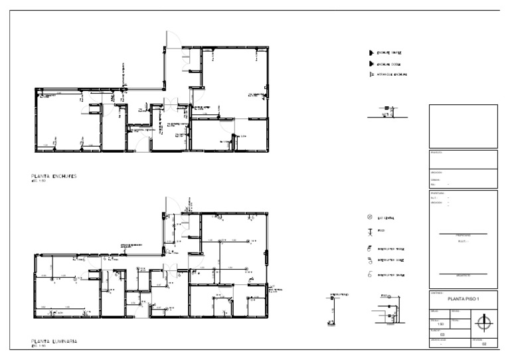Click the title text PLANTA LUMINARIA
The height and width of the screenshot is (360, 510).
pyautogui.click(x=54, y=341)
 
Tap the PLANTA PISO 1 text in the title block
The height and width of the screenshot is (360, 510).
pyautogui.click(x=463, y=299)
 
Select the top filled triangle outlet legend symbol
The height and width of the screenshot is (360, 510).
pyautogui.click(x=371, y=52)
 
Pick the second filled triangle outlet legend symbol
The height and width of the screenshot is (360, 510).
pyautogui.click(x=371, y=64)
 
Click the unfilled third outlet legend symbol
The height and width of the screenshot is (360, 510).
pyautogui.click(x=371, y=75)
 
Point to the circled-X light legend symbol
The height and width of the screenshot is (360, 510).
pyautogui.click(x=370, y=217)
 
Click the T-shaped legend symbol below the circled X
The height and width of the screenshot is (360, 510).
pyautogui.click(x=370, y=232)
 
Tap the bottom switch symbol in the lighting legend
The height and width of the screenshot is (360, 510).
pyautogui.click(x=369, y=274)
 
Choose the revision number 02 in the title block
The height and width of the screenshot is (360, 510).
pyautogui.click(x=484, y=343)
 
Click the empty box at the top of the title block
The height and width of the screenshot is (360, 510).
pyautogui.click(x=463, y=126)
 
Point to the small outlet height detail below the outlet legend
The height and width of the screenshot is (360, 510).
pyautogui.click(x=386, y=112)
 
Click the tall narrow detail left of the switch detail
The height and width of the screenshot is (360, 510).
pyautogui.click(x=333, y=308)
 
